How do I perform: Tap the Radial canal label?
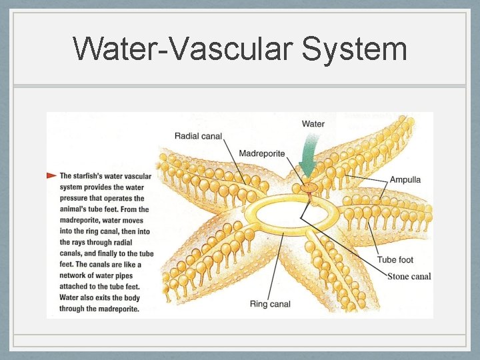tap(198, 136)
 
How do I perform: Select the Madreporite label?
tap(261, 153)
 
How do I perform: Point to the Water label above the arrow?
tap(313, 124)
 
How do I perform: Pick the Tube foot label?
tap(395, 260)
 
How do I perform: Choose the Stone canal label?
tap(409, 276)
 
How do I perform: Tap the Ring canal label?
tap(270, 304)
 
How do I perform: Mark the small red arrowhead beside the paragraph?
tap(51, 175)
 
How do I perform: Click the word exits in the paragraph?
tap(100, 297)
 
